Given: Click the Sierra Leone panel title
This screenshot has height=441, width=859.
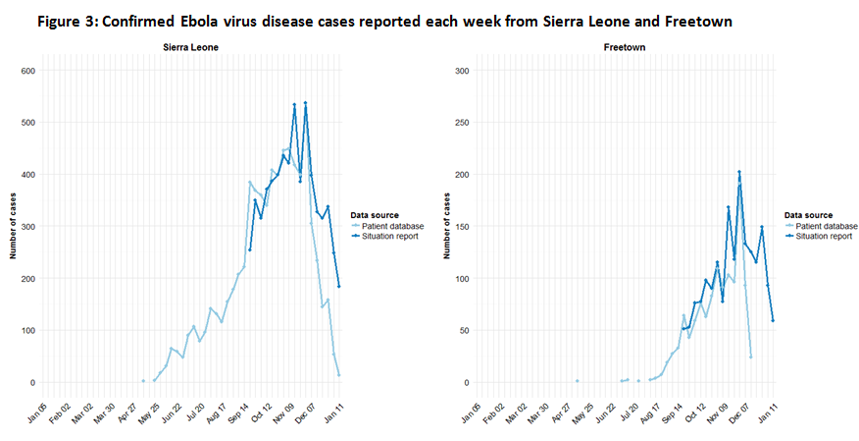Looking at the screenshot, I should click(192, 48).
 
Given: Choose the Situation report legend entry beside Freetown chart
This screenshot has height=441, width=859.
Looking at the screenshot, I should click(828, 236).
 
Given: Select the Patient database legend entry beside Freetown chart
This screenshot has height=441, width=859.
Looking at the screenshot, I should click(828, 226).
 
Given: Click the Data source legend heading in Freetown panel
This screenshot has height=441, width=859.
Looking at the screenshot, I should click(809, 215).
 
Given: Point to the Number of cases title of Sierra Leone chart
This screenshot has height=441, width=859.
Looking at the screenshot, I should click(13, 226).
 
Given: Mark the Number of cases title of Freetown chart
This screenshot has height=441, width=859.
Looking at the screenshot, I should click(447, 226).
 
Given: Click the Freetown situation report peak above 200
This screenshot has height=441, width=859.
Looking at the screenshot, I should click(738, 173).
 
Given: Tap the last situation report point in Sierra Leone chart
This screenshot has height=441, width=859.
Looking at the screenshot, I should click(339, 287).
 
